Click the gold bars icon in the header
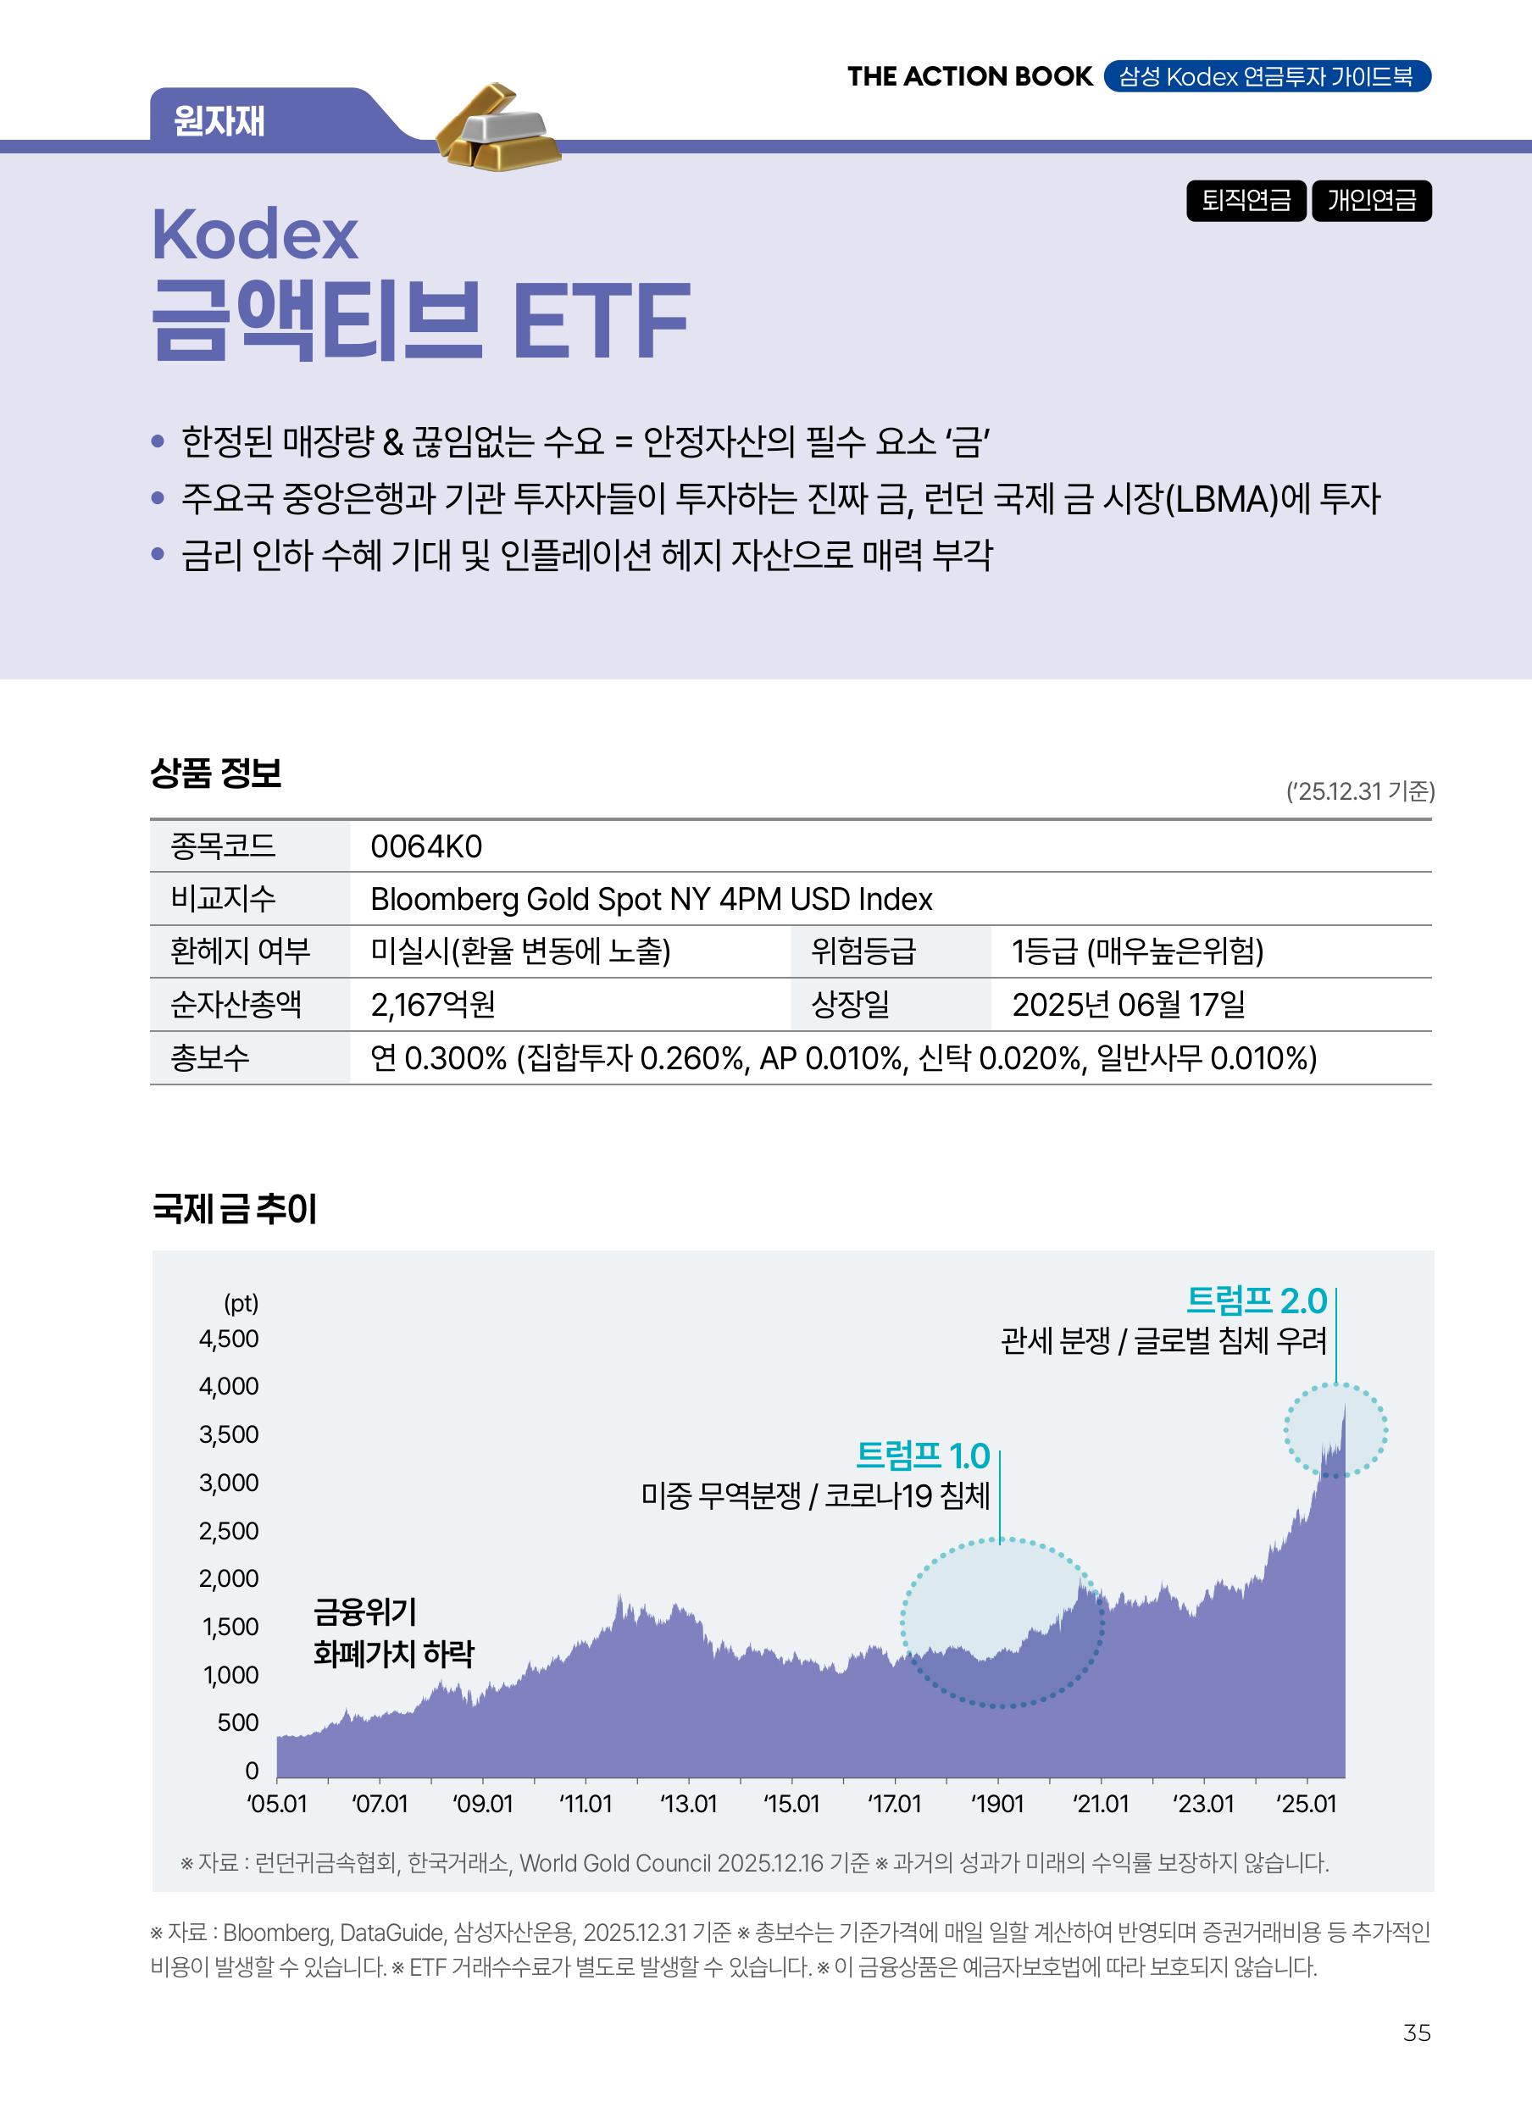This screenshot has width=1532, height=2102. tap(499, 128)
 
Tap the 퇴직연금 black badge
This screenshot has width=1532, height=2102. tap(1246, 200)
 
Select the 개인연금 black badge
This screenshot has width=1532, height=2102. tap(1371, 200)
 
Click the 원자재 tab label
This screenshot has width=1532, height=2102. tap(219, 121)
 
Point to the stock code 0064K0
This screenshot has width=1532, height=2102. tap(425, 846)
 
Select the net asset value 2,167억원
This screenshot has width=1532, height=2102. tap(432, 1004)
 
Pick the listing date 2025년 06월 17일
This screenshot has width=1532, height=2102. tap(1128, 1004)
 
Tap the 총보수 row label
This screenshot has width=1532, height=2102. tap(209, 1058)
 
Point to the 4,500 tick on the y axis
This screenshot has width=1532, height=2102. tap(229, 1339)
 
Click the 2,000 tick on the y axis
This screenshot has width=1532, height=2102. tap(229, 1578)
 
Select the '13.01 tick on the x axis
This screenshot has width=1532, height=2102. tap(688, 1804)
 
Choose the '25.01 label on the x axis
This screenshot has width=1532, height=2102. tap(1307, 1804)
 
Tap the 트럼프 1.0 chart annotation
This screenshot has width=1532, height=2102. tap(923, 1456)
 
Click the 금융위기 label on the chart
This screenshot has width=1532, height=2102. tap(365, 1611)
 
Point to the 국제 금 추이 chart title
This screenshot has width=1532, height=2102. tap(235, 1209)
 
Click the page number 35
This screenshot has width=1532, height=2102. tap(1417, 2033)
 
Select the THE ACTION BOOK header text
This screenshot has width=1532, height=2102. tap(970, 76)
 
